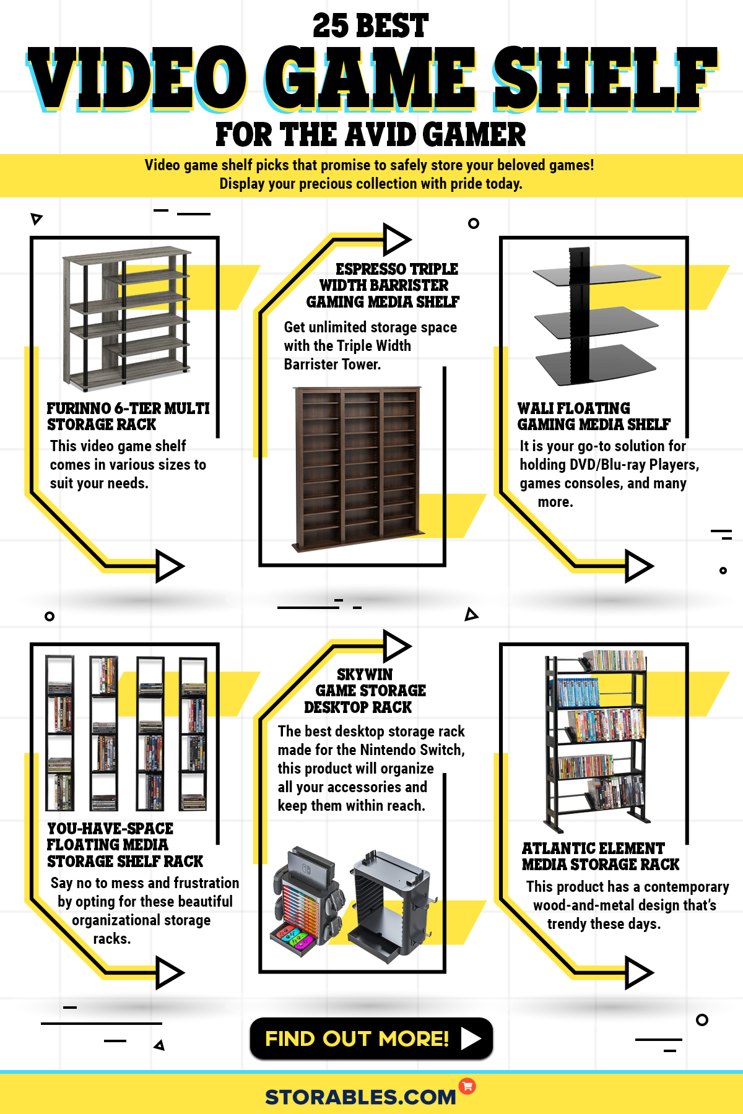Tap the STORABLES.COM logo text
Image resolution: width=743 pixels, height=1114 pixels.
pos(360,1097)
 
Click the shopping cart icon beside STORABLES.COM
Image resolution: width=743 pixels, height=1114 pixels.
pos(467,1086)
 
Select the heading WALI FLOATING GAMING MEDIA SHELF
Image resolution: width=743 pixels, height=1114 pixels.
pos(593,417)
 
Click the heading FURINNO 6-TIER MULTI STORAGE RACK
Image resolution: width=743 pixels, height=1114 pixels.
pos(128,417)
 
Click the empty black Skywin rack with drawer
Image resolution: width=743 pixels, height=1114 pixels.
pos(390,904)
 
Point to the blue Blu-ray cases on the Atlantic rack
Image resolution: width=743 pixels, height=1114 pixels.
pos(578,693)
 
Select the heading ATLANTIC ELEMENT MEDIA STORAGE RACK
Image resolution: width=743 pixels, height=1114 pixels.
pos(599,857)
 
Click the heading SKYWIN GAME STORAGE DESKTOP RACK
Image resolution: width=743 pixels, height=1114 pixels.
pos(365,691)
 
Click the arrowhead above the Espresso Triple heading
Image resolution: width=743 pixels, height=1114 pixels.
pos(396,239)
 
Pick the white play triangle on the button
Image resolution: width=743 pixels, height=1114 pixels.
pos(471,1038)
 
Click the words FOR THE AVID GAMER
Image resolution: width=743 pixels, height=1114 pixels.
pos(370,135)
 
